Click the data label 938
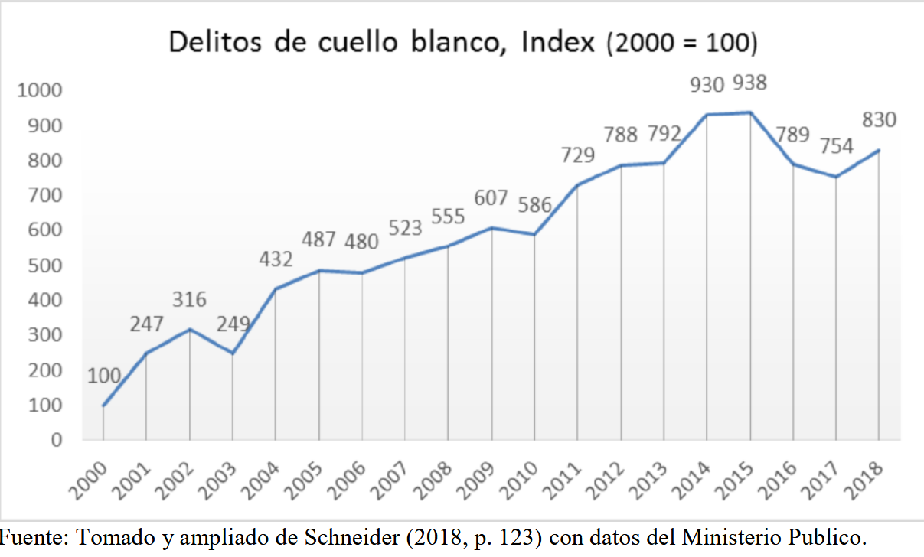point(749,83)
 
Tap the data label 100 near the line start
point(103,376)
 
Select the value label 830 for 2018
point(879,120)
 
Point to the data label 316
point(188,299)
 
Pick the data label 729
point(577,155)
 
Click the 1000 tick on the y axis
point(39,91)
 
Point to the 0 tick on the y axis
point(56,440)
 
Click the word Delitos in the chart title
point(216,42)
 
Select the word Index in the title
point(557,42)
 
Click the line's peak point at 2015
point(750,112)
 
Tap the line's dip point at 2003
point(232,353)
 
